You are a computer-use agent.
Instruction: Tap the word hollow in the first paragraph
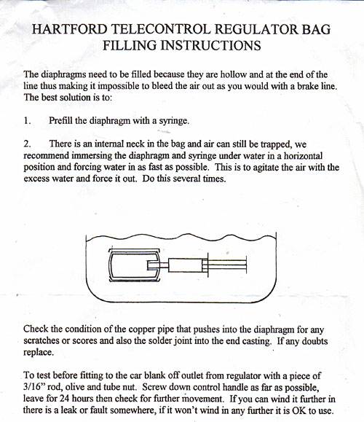point(222,75)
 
